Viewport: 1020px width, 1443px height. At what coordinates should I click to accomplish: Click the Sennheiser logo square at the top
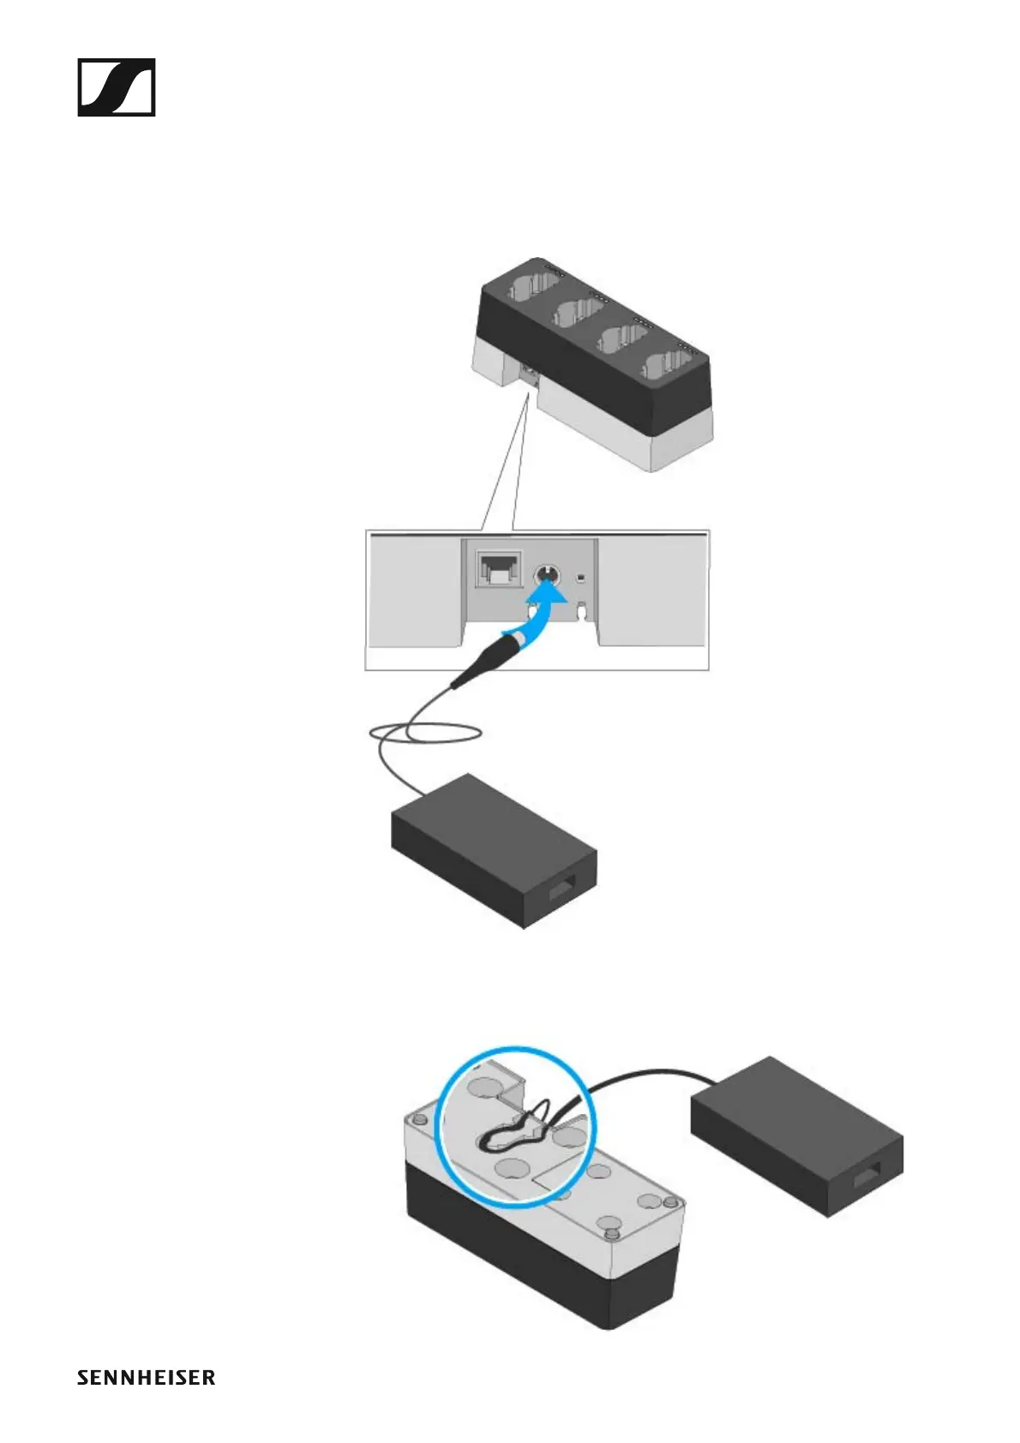point(117,87)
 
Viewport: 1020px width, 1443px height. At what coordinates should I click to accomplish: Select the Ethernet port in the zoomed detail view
point(499,569)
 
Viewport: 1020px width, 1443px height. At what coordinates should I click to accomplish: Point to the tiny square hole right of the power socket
point(580,578)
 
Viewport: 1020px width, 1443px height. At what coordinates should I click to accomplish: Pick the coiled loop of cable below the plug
point(425,733)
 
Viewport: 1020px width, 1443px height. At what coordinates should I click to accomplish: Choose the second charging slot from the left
point(576,314)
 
